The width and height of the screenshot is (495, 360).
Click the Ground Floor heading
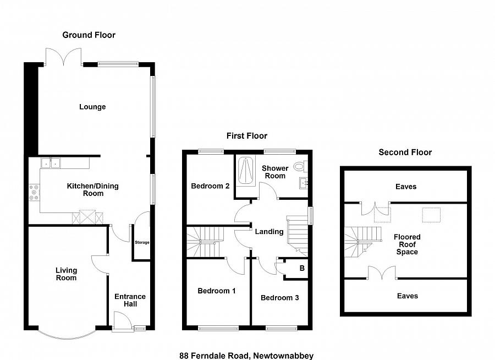coord(89,35)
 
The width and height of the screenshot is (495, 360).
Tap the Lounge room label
coord(92,107)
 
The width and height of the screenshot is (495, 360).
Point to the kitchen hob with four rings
coord(34,192)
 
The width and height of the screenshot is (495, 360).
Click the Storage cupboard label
coord(142,243)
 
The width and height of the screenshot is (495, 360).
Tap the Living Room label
coord(66,274)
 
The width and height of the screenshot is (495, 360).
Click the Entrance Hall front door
coord(120,321)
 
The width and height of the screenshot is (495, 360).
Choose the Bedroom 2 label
coord(210,186)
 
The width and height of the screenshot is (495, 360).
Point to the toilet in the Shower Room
coord(300,165)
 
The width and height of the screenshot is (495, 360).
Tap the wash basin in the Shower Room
coord(303,183)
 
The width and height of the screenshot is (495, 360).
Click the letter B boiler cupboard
coord(301,269)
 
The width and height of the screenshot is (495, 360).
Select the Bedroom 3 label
coord(279,298)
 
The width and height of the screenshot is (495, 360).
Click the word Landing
coord(269,232)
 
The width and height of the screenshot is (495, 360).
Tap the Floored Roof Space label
coord(407,245)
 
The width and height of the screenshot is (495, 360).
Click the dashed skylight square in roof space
coord(431,215)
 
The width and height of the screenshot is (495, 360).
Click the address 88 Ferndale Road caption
coord(246,356)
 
